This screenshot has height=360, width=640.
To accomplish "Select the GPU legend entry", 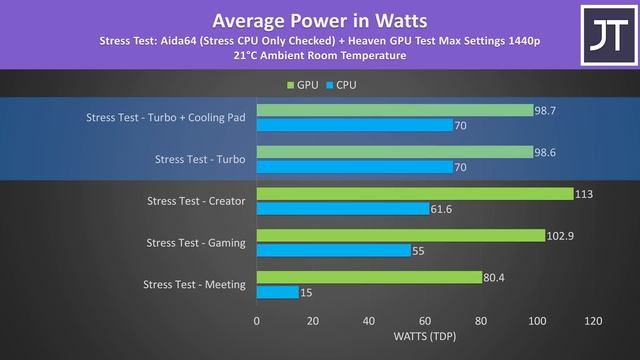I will pos(303,85).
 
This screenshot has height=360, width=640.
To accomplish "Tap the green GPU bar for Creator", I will pos(414,194).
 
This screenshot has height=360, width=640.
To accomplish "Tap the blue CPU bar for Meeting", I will pos(278,292).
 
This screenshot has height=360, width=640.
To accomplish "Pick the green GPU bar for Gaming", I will pos(400,235).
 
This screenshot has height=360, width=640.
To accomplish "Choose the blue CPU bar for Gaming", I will pos(333,250).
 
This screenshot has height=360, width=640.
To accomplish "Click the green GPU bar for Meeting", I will pos(369,277).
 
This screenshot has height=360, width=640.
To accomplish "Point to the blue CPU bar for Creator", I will pos(343,209).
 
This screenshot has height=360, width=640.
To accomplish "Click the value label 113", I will pos(584,194).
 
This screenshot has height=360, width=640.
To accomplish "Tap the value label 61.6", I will pos(444,209).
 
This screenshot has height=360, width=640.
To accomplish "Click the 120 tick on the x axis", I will pos(593,322).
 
